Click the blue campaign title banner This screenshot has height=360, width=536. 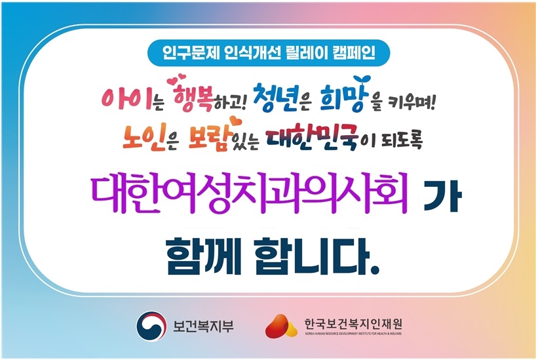269,53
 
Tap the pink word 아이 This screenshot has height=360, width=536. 126,99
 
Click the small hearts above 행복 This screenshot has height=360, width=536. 176,78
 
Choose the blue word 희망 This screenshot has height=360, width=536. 344,98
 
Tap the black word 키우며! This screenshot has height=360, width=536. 412,102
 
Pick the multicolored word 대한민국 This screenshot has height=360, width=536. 312,137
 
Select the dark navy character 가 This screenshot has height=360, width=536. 443,197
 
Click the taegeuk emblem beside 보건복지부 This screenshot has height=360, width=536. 151,325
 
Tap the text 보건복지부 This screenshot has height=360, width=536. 203,325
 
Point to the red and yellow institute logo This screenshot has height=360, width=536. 281,325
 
